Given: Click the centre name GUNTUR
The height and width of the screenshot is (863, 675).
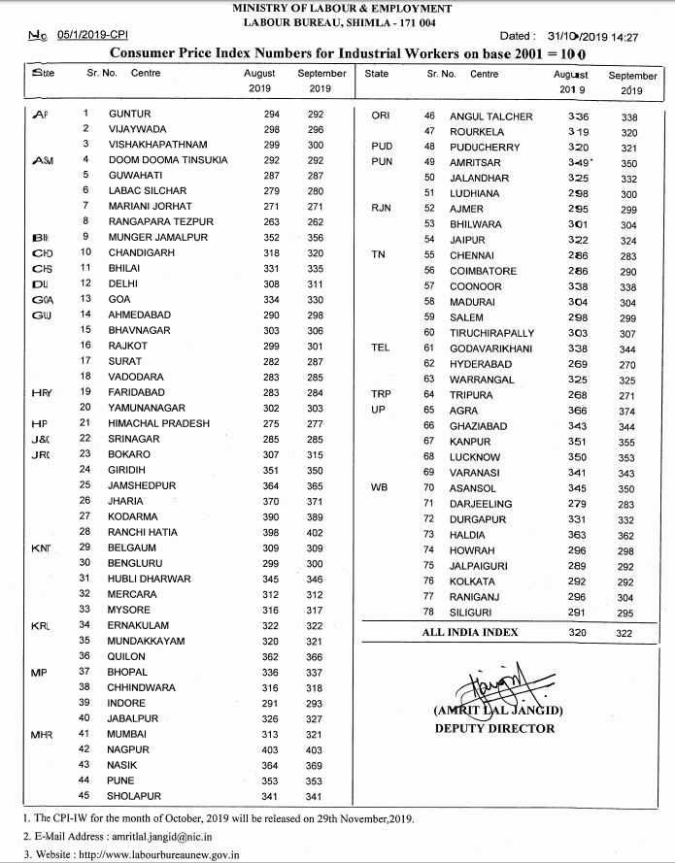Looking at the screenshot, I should [130, 115].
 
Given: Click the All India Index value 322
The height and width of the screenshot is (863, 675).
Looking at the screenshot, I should [624, 633].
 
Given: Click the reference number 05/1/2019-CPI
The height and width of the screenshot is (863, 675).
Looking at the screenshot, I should [91, 36].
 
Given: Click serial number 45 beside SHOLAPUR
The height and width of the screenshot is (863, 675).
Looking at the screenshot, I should [84, 795].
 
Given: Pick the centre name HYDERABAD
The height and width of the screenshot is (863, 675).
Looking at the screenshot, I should [481, 363].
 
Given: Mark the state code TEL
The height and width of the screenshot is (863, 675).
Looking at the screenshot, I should [380, 348].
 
